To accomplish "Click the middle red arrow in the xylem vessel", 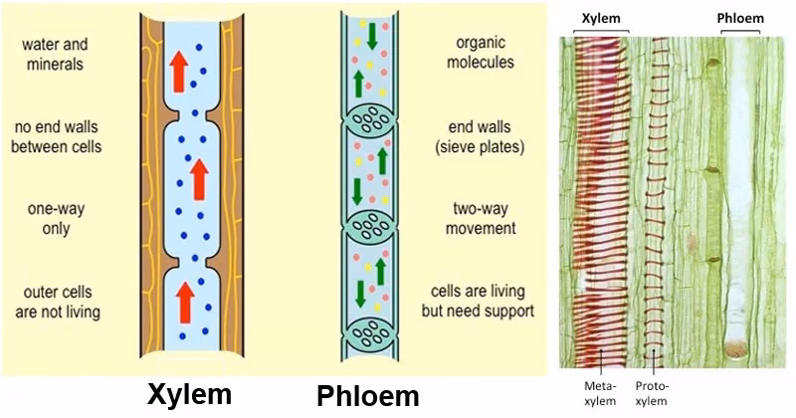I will pyautogui.click(x=199, y=180).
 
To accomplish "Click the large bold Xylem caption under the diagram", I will pyautogui.click(x=189, y=393).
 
